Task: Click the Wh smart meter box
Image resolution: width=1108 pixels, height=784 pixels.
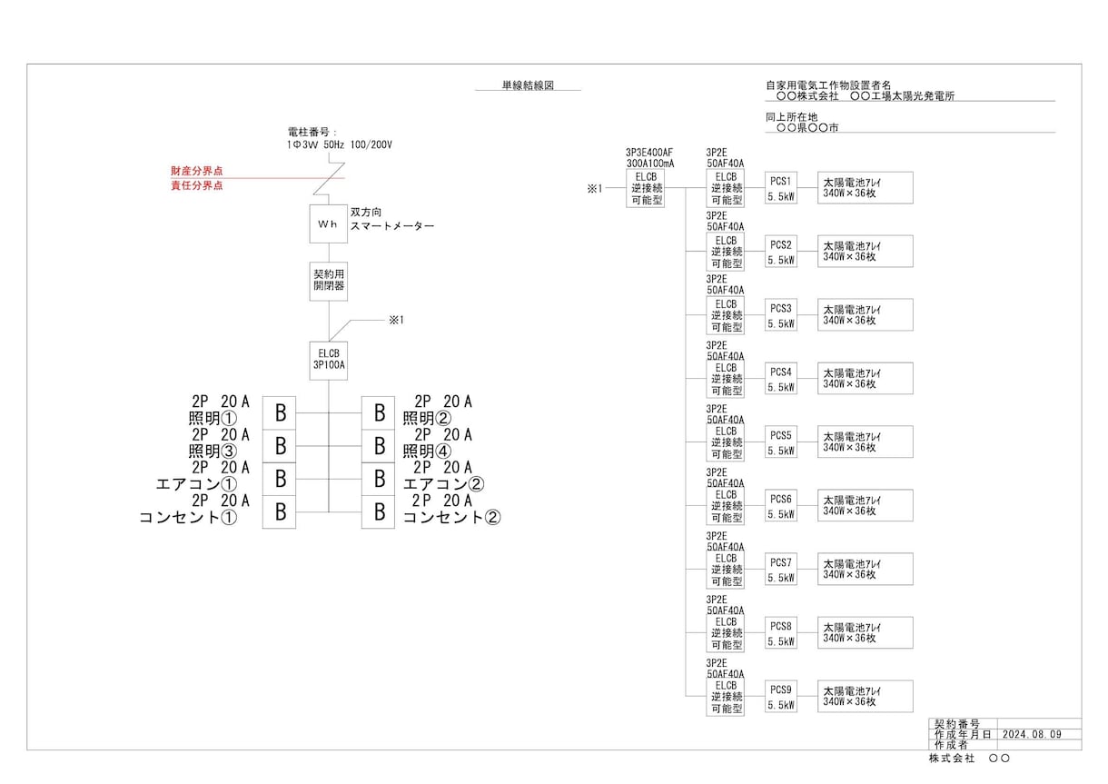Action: pyautogui.click(x=329, y=224)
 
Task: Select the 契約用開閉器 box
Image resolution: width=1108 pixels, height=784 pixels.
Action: pyautogui.click(x=329, y=282)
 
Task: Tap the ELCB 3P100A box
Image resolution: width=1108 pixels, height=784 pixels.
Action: pyautogui.click(x=329, y=361)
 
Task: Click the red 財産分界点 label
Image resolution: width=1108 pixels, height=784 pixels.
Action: pyautogui.click(x=197, y=171)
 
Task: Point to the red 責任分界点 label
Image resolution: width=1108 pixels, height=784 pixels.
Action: pyautogui.click(x=197, y=185)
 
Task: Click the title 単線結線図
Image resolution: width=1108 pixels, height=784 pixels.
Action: pyautogui.click(x=528, y=85)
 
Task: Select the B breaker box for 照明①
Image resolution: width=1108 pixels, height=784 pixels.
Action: pyautogui.click(x=279, y=413)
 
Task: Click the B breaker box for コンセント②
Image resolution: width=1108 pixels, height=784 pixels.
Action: pyautogui.click(x=378, y=512)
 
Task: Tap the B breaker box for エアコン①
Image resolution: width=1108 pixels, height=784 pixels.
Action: pyautogui.click(x=279, y=479)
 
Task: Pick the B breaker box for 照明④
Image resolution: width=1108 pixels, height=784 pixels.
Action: pyautogui.click(x=378, y=446)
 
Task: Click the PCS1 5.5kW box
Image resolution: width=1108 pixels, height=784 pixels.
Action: pyautogui.click(x=781, y=188)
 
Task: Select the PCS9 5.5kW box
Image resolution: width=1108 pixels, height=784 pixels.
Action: pyautogui.click(x=781, y=697)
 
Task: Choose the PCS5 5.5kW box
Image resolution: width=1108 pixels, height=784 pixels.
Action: pyautogui.click(x=781, y=442)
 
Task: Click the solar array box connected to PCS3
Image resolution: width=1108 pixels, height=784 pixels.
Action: pyautogui.click(x=866, y=314)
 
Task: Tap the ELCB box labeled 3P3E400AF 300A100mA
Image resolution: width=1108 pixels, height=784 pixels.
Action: pyautogui.click(x=646, y=188)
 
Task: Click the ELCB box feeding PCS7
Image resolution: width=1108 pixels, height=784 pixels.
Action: pyautogui.click(x=725, y=570)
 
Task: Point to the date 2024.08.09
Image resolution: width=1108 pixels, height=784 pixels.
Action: pyautogui.click(x=1032, y=735)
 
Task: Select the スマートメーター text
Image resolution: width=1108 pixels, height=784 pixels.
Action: pyautogui.click(x=392, y=226)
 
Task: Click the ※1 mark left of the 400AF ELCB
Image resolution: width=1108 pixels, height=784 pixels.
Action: pyautogui.click(x=595, y=188)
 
